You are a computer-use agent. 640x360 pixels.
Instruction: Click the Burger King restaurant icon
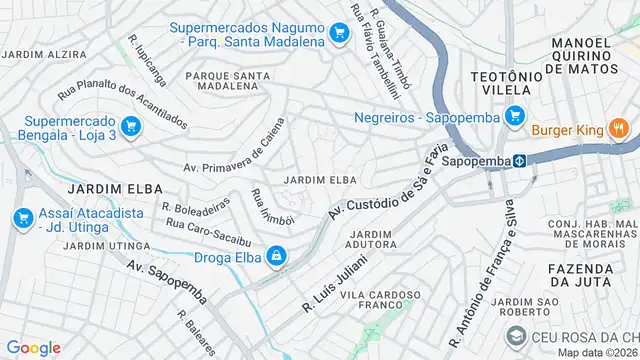[618, 128]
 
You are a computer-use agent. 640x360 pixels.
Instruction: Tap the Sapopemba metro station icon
[521, 160]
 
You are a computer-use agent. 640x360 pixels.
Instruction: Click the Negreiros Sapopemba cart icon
[515, 116]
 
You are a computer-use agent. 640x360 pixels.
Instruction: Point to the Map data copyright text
[597, 352]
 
